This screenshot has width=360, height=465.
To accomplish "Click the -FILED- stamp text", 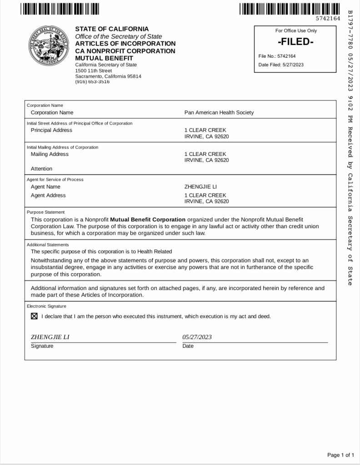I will point(295,42).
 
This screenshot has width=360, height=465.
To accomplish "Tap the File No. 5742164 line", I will point(277,56).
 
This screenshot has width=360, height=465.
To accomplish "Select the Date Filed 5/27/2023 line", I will point(281,65).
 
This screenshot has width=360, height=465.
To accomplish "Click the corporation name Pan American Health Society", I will point(219,113).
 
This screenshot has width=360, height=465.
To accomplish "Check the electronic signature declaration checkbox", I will point(34,316).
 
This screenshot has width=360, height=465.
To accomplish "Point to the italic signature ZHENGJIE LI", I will point(50,337).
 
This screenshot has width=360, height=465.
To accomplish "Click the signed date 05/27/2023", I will point(197,337).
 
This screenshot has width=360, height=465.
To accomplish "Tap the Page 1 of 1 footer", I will point(340,455).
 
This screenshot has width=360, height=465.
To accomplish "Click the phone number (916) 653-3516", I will point(92,82).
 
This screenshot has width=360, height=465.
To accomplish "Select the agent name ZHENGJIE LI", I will point(200,187).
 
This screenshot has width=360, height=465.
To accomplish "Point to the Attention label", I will point(41,169).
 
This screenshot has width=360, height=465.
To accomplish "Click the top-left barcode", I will point(60,8).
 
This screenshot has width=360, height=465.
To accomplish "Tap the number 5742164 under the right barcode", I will point(328,18).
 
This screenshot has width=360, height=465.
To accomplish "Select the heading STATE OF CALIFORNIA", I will point(112,29).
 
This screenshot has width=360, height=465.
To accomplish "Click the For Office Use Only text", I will point(296,31).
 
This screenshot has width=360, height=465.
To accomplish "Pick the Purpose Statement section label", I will point(45,212).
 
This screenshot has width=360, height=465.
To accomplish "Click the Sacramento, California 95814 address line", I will point(108,76).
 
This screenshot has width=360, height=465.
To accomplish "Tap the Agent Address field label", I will point(48,195).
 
